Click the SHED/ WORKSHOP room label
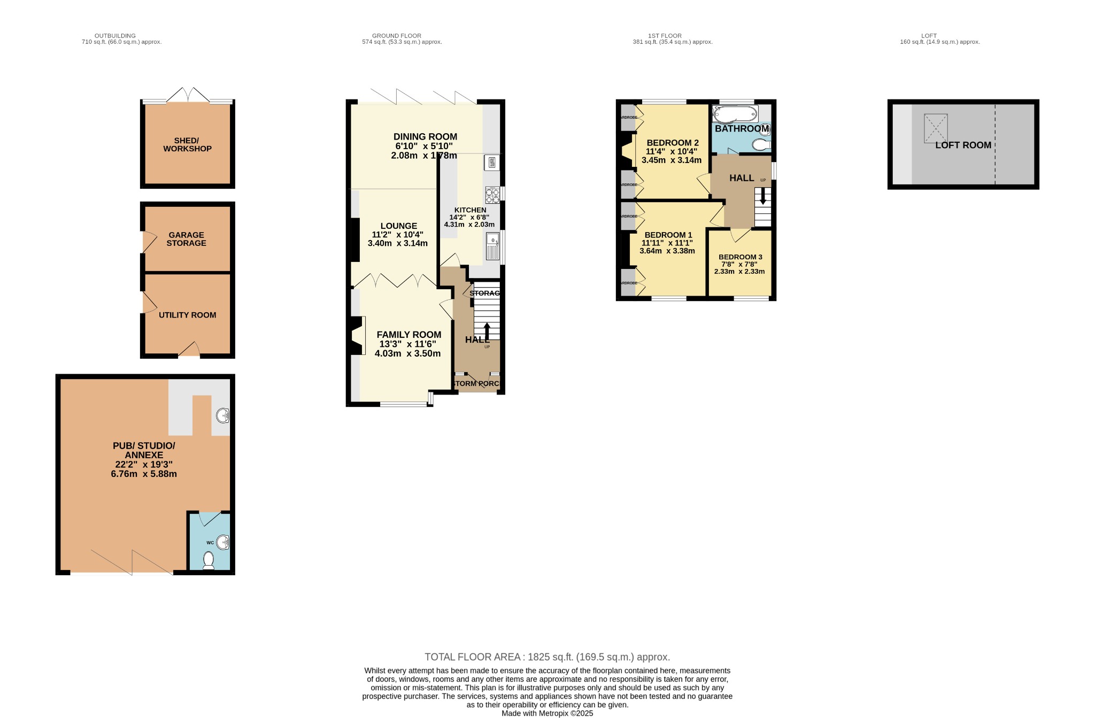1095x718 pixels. (187, 145)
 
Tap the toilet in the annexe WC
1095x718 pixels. (209, 560)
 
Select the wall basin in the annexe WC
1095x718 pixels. (223, 543)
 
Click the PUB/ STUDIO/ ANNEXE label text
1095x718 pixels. (144, 450)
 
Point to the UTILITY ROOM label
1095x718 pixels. (187, 315)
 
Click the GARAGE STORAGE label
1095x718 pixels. (186, 239)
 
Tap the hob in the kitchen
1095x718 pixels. (492, 195)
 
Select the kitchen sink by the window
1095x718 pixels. (492, 246)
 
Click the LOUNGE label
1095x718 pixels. (398, 226)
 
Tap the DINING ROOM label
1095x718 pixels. (425, 137)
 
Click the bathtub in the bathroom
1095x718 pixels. (735, 114)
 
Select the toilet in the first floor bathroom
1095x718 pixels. (760, 144)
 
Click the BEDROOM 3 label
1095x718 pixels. (740, 257)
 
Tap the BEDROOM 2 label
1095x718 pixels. (673, 143)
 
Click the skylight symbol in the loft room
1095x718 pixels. (936, 128)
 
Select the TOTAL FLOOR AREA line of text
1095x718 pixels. (547, 657)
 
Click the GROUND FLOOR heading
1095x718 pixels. (396, 36)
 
